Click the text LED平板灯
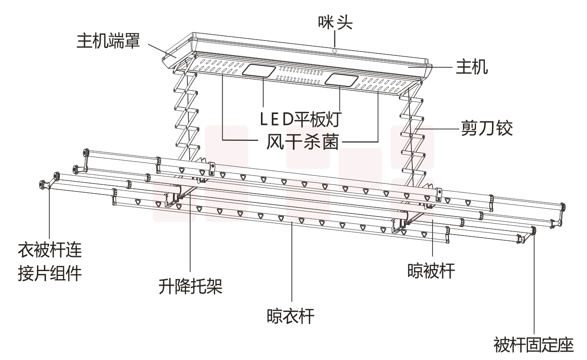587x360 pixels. (301, 118)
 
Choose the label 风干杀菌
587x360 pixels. (301, 142)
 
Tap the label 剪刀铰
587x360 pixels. (486, 128)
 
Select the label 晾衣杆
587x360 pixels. (291, 316)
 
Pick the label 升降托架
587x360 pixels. (190, 287)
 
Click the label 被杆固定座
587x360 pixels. (534, 344)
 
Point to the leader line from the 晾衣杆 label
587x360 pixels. (292, 264)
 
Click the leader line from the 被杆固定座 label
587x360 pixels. (534, 286)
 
